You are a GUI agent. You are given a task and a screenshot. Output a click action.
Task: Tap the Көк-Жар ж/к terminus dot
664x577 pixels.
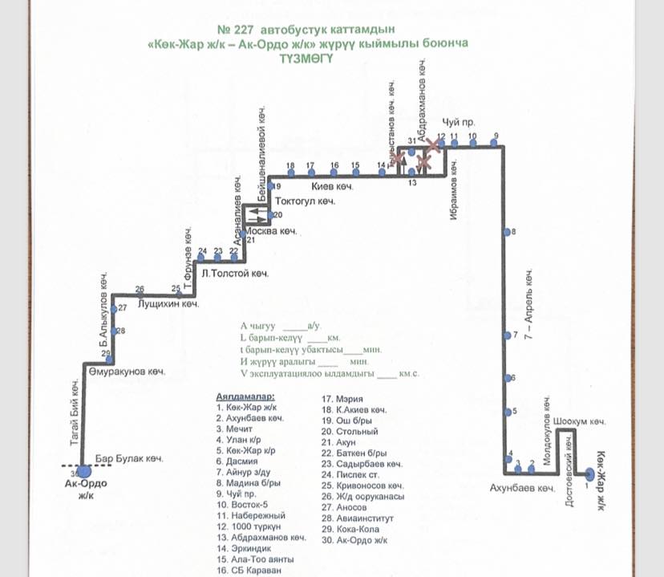point(589,474)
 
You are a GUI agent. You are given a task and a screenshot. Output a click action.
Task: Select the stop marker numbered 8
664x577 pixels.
point(507,232)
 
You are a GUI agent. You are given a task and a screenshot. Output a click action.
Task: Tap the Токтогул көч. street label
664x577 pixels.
point(305,201)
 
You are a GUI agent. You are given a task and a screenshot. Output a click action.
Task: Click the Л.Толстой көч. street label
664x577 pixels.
point(235,274)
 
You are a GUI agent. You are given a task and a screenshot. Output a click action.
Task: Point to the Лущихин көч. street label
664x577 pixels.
point(168,305)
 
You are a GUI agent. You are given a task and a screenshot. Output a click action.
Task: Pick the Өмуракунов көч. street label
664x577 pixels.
point(127,372)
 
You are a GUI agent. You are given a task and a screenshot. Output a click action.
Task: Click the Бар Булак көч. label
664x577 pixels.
point(129,459)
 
